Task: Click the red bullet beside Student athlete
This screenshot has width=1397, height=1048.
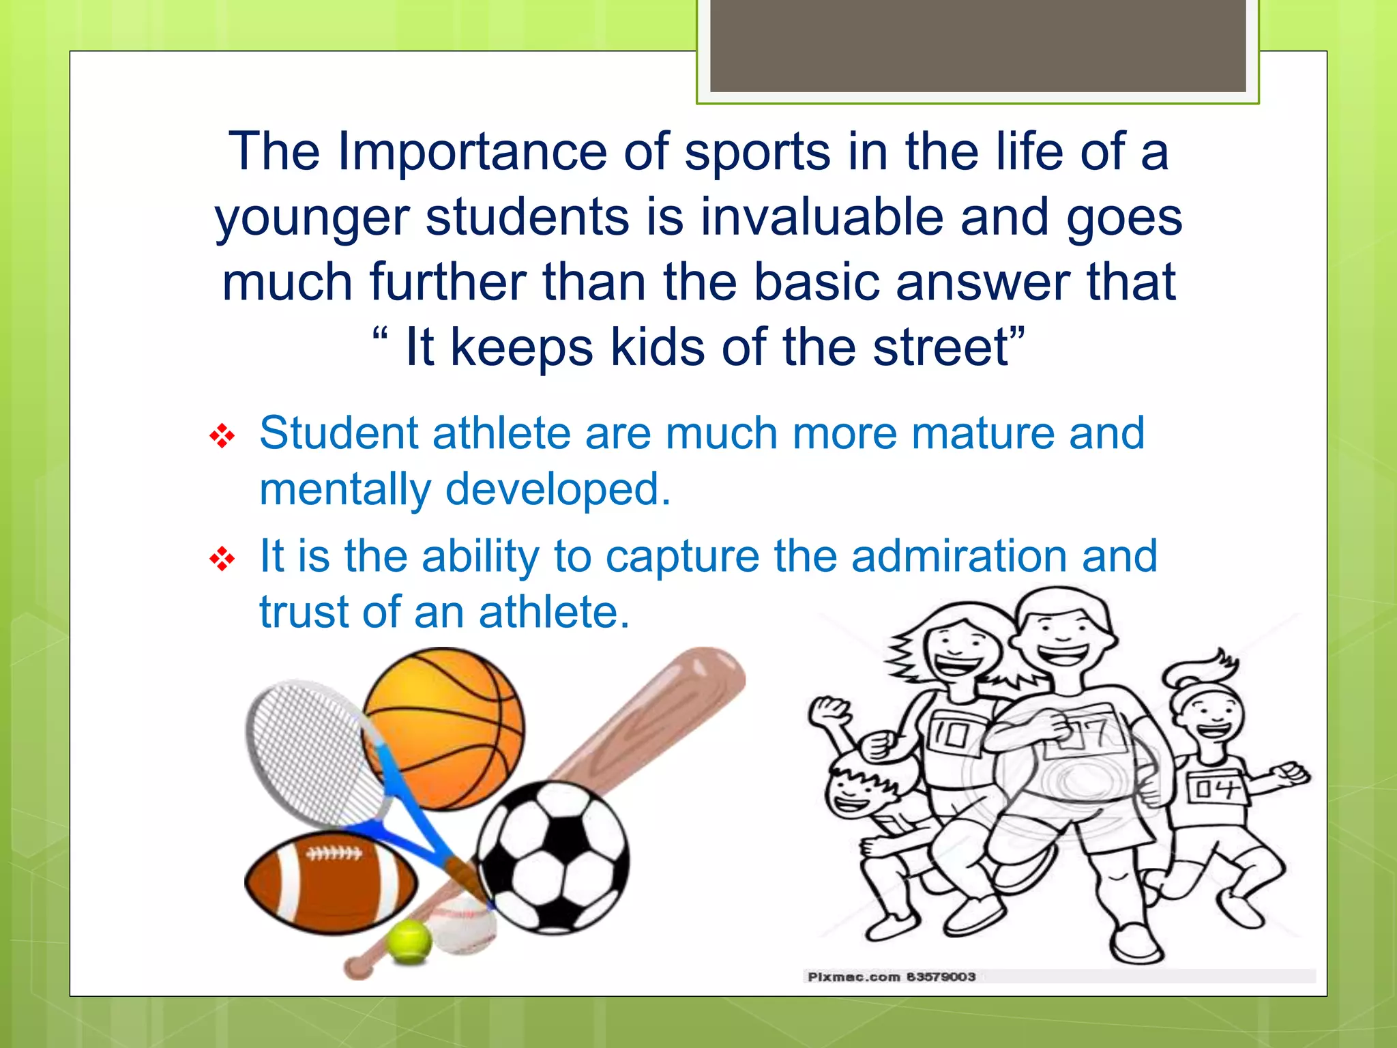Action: [x=222, y=436]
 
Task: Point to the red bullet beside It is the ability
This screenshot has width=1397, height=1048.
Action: [x=222, y=559]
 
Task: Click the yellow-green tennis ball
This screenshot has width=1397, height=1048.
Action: [x=409, y=942]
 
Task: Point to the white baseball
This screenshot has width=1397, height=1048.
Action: [x=464, y=925]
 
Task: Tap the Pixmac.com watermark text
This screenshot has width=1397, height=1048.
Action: [x=891, y=977]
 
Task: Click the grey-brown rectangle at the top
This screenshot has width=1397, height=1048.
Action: [x=977, y=44]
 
